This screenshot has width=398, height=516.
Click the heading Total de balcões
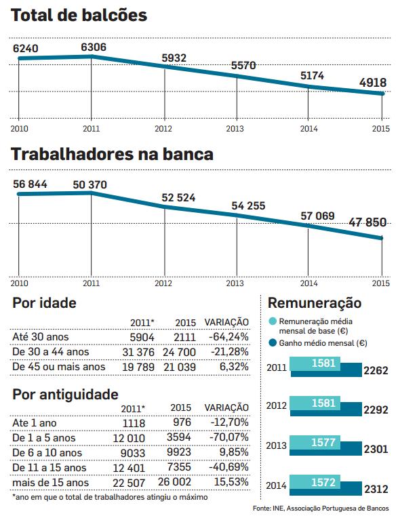coord(80,15)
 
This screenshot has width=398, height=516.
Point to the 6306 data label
coord(93,47)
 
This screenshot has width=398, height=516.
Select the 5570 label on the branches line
coord(245,66)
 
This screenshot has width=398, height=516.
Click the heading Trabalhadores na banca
coord(113,155)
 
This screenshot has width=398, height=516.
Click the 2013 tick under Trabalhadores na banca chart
coord(235,283)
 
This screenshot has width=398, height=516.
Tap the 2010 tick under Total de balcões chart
coord(19,128)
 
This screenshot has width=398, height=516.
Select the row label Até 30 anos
coord(41,336)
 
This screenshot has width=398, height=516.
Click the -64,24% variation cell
coord(229,336)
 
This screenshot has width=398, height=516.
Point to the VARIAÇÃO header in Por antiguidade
coord(226,408)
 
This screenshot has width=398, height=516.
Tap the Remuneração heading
coord(315,302)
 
